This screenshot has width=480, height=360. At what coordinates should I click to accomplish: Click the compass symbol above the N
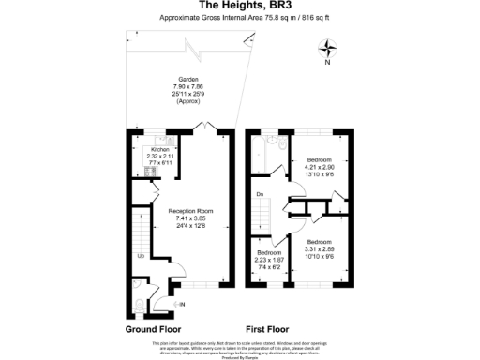coord(328,48)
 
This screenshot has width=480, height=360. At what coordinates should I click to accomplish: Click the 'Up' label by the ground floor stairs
coord(142,255)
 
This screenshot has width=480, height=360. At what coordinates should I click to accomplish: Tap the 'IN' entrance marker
coord(181,305)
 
